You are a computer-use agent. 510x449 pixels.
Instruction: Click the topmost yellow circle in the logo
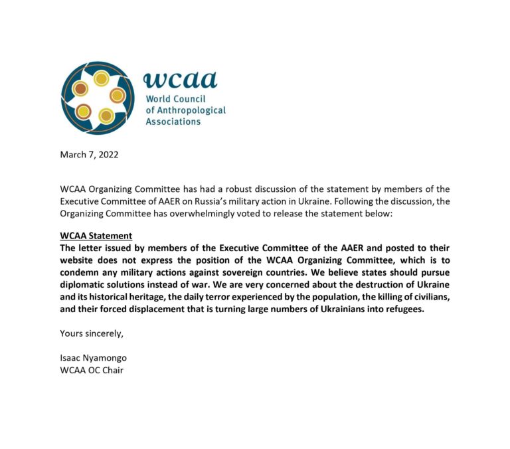tap(101, 79)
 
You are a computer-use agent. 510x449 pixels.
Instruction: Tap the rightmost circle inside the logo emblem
tap(117, 96)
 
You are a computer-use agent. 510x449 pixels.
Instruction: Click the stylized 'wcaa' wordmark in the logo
tap(180, 79)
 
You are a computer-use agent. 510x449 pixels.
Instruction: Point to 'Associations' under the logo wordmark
tap(173, 122)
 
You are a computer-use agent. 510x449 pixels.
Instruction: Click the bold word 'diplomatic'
tap(85, 284)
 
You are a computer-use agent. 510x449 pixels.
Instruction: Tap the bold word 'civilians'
tap(426, 296)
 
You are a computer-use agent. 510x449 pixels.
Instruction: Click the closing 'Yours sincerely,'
tap(92, 333)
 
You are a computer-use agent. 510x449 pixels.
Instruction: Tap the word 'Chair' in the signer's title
tap(112, 370)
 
